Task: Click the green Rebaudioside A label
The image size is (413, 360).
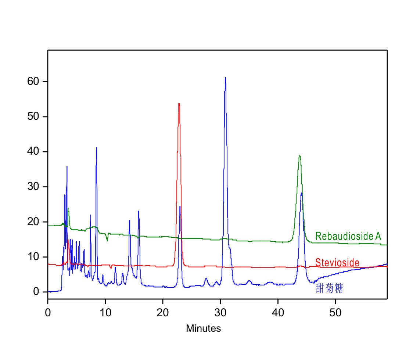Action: pyautogui.click(x=348, y=236)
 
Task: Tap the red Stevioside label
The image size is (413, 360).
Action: pyautogui.click(x=337, y=262)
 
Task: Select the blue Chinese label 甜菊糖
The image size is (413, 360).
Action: pyautogui.click(x=329, y=289)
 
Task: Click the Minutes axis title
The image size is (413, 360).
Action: pyautogui.click(x=203, y=328)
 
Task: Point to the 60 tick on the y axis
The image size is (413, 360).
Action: pyautogui.click(x=33, y=82)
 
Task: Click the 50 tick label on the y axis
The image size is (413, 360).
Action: pyautogui.click(x=33, y=117)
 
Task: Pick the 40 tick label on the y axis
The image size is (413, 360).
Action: pyautogui.click(x=33, y=152)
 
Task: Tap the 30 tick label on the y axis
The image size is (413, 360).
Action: pyautogui.click(x=33, y=187)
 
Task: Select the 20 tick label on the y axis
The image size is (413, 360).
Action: pyautogui.click(x=33, y=222)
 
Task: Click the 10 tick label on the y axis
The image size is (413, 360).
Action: pyautogui.click(x=33, y=257)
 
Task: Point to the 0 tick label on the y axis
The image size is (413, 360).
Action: pyautogui.click(x=36, y=292)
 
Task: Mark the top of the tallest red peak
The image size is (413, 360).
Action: pyautogui.click(x=179, y=103)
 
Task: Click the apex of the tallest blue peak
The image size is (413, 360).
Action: pyautogui.click(x=225, y=77)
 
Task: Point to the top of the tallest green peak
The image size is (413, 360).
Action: pyautogui.click(x=300, y=156)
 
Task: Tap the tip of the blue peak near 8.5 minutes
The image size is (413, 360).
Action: pyautogui.click(x=97, y=147)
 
